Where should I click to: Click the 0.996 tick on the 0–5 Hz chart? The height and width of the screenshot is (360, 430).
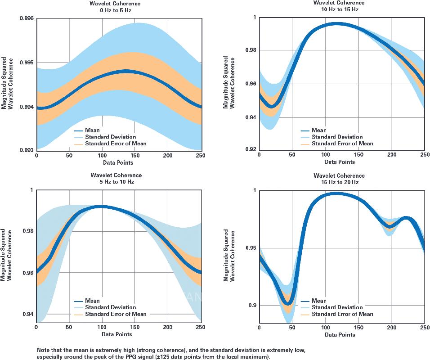point(26,18)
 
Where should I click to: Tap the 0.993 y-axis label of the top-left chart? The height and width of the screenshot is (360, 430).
point(26,150)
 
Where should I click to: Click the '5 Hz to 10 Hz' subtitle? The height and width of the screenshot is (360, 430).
point(116,182)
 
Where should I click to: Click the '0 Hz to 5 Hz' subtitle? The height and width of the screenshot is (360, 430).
point(116,10)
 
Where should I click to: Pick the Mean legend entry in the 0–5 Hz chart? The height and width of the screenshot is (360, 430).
point(92,130)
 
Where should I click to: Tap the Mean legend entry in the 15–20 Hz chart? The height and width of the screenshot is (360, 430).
point(319,301)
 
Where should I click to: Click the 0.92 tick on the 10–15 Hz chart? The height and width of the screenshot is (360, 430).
point(249,149)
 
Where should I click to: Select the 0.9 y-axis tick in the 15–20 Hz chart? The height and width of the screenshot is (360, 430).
point(251,306)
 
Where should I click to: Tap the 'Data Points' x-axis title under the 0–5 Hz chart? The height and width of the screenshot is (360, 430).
point(118,162)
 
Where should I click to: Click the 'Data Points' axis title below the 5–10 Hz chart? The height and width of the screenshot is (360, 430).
point(118,334)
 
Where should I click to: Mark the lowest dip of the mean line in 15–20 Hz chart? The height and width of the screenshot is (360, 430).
point(289,302)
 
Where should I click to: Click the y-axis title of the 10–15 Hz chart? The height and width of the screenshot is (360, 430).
point(228,82)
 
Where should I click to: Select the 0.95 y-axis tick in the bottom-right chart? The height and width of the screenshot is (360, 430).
point(250,248)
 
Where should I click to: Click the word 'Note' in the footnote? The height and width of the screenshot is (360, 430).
point(44,350)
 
